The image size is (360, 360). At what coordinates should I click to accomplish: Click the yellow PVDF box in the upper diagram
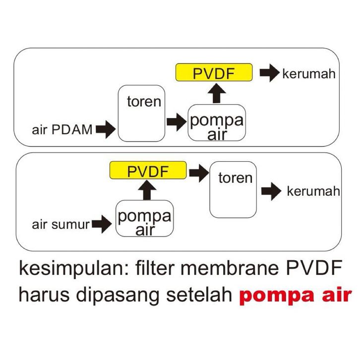point(214,72)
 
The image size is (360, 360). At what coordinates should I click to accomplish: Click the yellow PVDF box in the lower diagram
point(148,171)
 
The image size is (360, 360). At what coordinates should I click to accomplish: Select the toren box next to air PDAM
point(141,113)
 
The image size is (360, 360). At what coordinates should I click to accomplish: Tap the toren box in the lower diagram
point(233,189)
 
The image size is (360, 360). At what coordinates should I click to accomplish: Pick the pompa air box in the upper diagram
point(217,122)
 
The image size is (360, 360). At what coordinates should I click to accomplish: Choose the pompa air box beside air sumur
point(145,218)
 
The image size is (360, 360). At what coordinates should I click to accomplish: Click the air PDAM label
point(62,129)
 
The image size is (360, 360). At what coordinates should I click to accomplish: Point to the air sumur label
point(60,224)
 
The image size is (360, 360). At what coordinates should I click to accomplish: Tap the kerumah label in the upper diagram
point(309,74)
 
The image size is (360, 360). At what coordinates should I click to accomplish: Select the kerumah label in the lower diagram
point(313,191)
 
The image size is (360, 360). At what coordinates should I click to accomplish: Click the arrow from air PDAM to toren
point(106,129)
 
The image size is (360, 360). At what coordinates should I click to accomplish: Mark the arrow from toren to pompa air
point(177,122)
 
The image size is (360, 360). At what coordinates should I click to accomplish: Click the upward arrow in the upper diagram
point(217,93)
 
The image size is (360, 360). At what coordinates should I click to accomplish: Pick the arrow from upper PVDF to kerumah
point(270,73)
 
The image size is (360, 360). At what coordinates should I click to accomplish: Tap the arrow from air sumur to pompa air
point(102,224)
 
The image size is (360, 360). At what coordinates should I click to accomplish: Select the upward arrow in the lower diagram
point(147,190)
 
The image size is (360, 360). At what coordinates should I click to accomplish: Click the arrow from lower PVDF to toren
point(199,173)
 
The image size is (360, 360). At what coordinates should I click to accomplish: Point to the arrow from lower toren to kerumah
point(271,191)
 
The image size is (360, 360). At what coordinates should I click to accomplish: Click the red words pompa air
point(296,296)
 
